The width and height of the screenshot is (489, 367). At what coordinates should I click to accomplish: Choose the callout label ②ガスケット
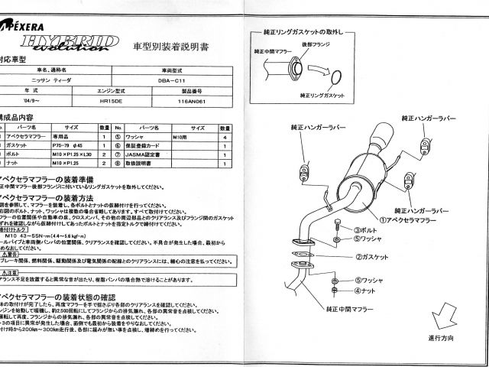pyautogui.click(x=372, y=256)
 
